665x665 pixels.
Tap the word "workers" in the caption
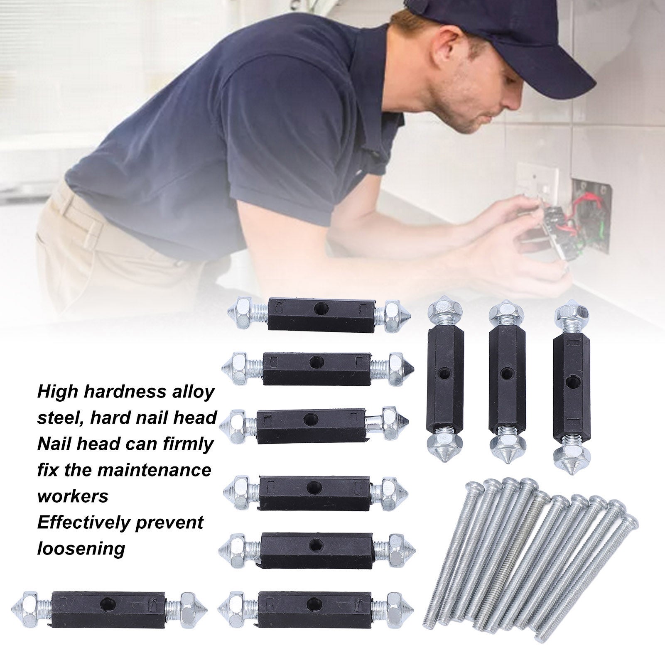[73, 496]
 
